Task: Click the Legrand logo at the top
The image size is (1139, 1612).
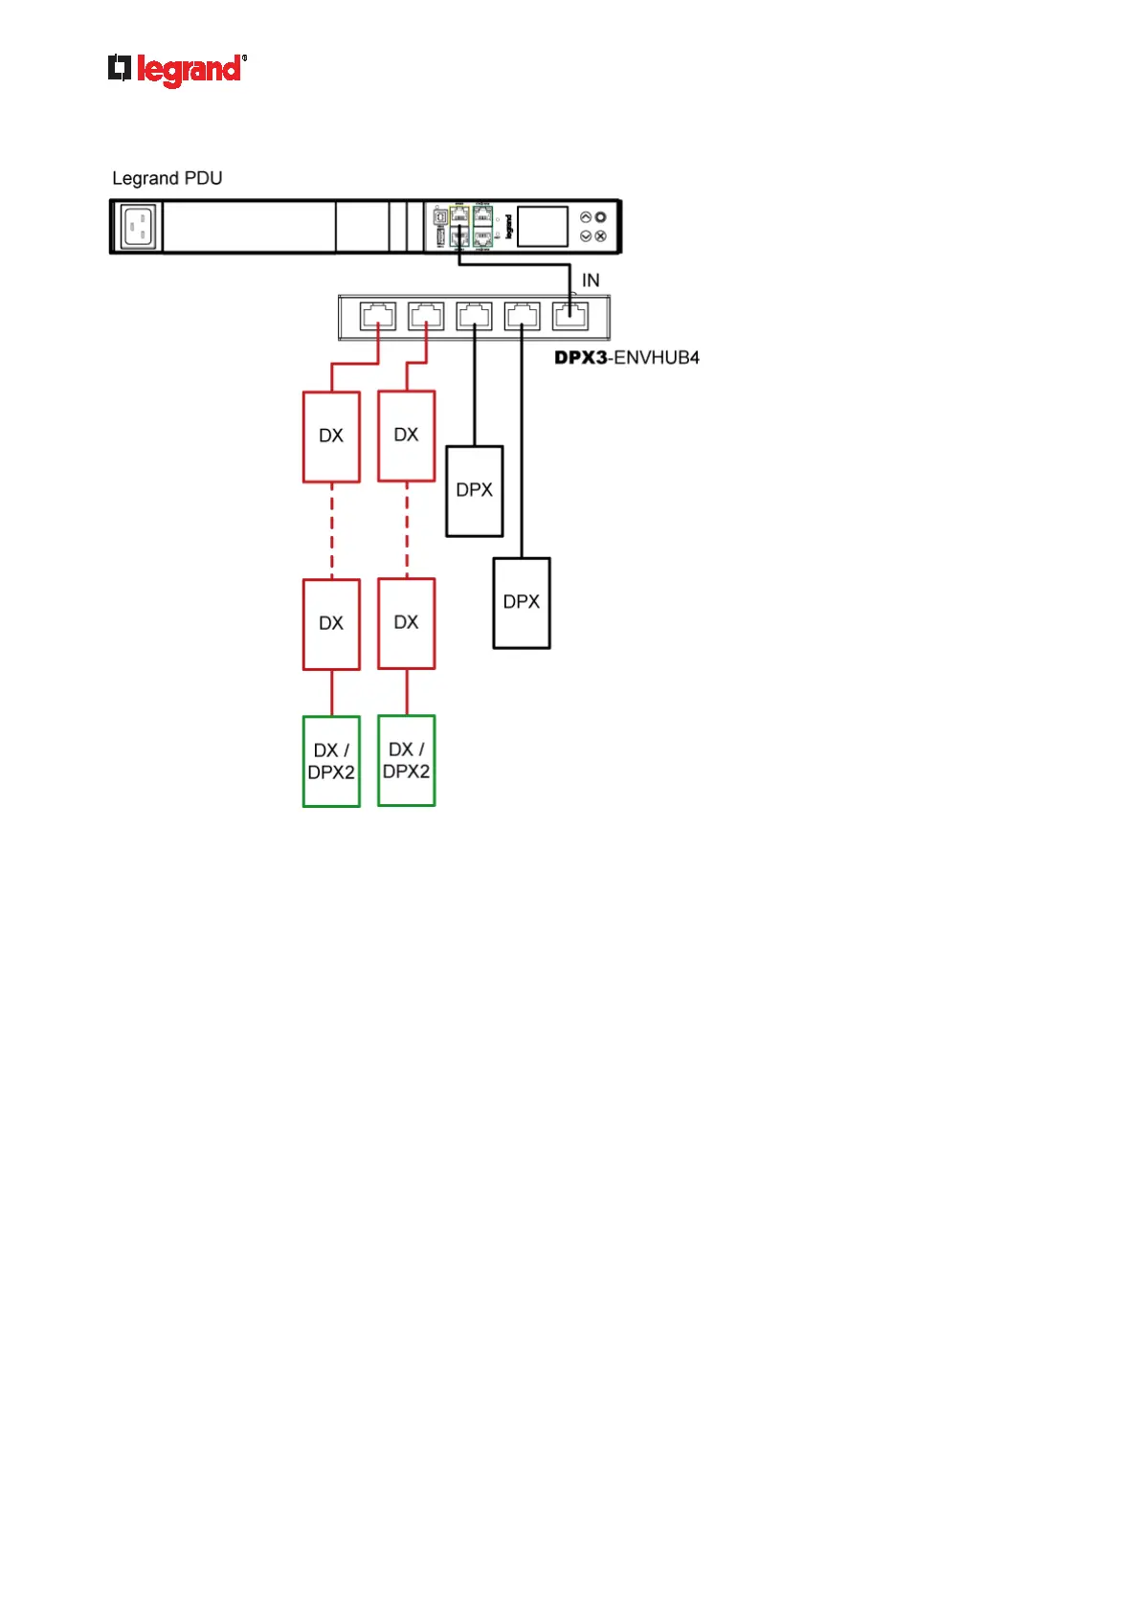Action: click(x=177, y=70)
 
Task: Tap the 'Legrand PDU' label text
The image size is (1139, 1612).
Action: click(x=167, y=178)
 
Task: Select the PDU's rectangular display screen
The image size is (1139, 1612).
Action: click(x=542, y=227)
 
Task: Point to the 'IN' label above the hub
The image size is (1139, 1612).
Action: click(x=591, y=280)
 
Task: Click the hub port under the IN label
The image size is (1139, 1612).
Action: click(x=570, y=316)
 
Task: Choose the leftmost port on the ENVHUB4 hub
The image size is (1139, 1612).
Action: click(x=378, y=316)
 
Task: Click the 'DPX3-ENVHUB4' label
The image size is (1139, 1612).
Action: click(x=627, y=358)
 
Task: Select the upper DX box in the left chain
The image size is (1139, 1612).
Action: click(x=331, y=437)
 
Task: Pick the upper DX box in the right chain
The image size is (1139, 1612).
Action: click(x=407, y=436)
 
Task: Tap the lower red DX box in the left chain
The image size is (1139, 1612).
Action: click(x=331, y=624)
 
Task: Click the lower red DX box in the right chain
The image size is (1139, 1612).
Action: click(x=407, y=623)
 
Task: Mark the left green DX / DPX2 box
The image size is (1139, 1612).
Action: click(x=331, y=762)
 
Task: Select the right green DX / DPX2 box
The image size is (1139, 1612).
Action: click(x=407, y=761)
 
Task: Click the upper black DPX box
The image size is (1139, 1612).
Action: click(x=475, y=491)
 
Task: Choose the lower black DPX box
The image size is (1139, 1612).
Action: click(x=522, y=603)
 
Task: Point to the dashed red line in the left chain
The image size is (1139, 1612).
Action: click(x=332, y=531)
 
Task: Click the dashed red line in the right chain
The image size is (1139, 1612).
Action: click(x=407, y=530)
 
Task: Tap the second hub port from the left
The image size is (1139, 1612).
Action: click(x=426, y=316)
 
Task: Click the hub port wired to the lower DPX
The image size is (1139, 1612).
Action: click(x=522, y=316)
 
